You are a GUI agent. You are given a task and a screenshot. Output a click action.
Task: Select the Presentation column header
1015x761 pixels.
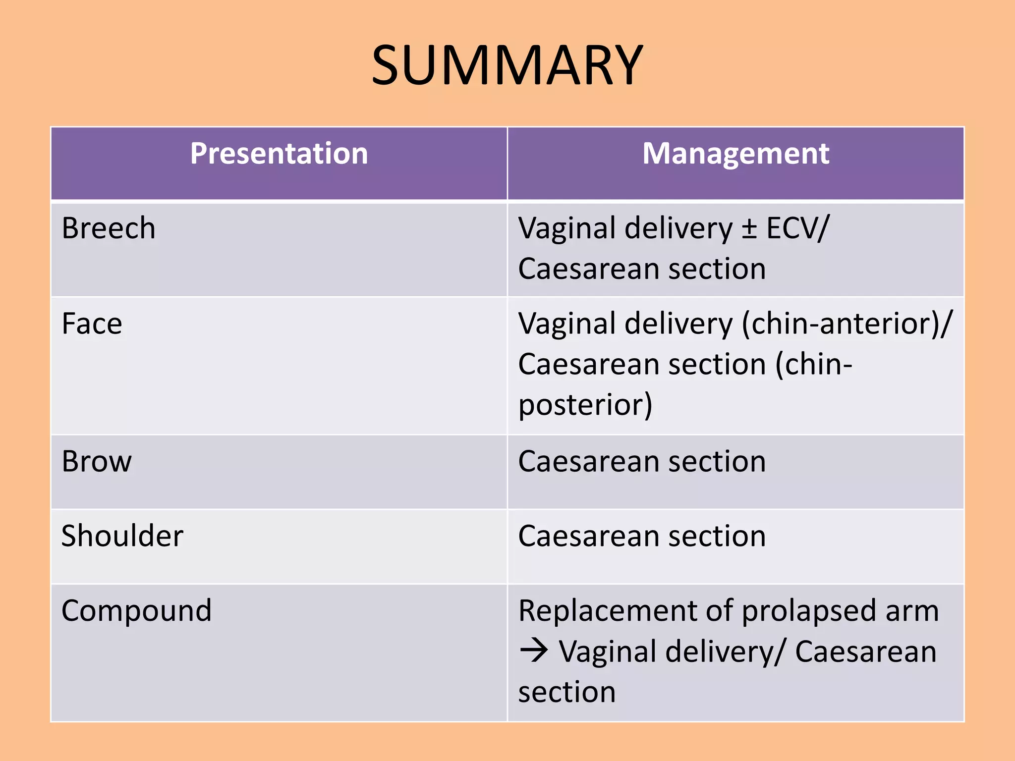[279, 153]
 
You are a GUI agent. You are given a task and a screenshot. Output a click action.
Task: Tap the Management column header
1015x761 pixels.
[735, 153]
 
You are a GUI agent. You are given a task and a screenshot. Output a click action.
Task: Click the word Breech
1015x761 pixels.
[109, 228]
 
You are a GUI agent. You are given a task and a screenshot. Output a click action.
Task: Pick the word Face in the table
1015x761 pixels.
[92, 324]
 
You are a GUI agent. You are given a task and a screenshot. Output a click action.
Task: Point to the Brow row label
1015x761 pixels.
[97, 462]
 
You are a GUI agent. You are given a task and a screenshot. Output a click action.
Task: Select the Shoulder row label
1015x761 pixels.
[122, 536]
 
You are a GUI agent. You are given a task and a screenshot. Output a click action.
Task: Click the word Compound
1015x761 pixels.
[136, 610]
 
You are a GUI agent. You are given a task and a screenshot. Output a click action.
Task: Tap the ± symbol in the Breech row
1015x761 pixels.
[749, 229]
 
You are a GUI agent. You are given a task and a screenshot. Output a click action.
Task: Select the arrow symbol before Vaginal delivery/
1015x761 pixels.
[534, 651]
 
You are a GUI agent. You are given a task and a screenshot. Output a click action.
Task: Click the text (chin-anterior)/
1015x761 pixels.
[847, 324]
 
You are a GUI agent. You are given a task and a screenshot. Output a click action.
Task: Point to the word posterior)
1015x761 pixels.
[585, 405]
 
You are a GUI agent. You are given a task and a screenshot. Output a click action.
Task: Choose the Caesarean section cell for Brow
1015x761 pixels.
[642, 462]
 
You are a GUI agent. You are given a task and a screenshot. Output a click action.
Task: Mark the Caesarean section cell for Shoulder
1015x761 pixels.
[642, 536]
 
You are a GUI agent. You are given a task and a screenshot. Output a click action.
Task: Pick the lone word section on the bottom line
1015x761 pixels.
[566, 692]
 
